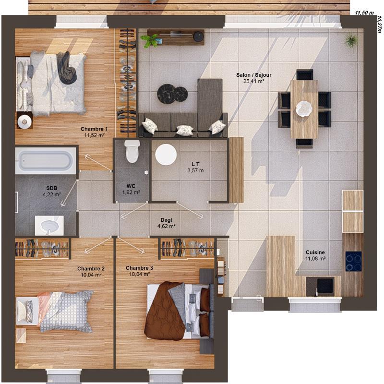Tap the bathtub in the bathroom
click(45, 160)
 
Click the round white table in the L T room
click(166, 155)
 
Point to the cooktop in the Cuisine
click(354, 261)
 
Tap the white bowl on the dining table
click(304, 109)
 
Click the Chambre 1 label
click(94, 129)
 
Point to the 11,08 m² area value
click(315, 259)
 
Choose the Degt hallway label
click(167, 220)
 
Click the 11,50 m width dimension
click(364, 13)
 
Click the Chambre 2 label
click(91, 269)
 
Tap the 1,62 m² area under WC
click(131, 192)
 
